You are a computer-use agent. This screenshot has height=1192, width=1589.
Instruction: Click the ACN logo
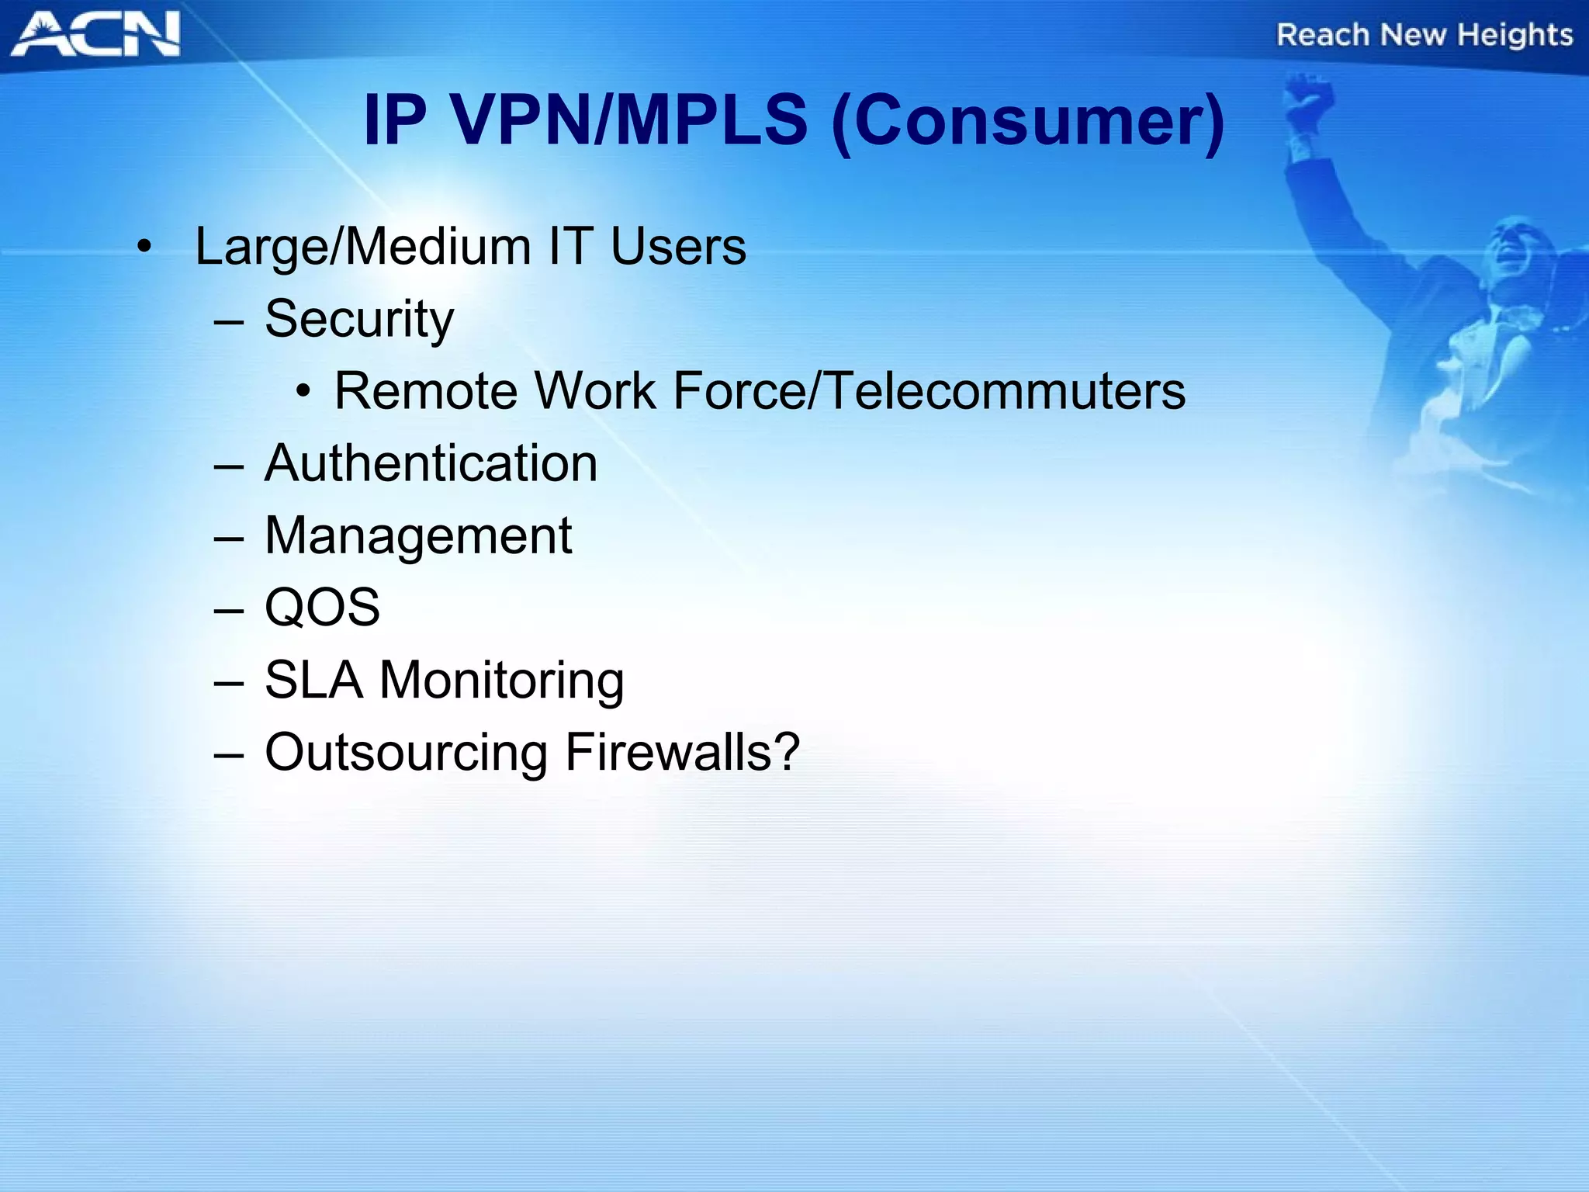click(95, 34)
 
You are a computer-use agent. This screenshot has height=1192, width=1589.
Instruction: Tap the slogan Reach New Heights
click(1425, 35)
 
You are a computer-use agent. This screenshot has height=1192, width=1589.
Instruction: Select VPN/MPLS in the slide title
click(628, 120)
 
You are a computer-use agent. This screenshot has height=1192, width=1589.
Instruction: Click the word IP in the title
click(394, 120)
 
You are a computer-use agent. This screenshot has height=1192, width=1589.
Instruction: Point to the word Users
click(678, 247)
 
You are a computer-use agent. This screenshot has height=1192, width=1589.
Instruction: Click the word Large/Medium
click(362, 247)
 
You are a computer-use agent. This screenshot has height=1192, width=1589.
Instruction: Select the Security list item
click(358, 319)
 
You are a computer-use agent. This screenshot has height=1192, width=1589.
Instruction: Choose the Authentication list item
click(431, 463)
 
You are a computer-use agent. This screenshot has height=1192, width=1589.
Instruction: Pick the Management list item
click(417, 535)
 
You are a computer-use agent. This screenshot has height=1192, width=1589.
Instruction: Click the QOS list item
click(322, 607)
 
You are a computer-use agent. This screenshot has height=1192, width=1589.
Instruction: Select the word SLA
click(313, 680)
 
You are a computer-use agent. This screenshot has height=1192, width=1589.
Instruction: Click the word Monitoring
click(501, 680)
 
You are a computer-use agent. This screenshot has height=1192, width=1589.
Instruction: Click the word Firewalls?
click(682, 752)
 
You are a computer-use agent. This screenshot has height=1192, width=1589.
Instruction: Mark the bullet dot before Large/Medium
click(144, 248)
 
